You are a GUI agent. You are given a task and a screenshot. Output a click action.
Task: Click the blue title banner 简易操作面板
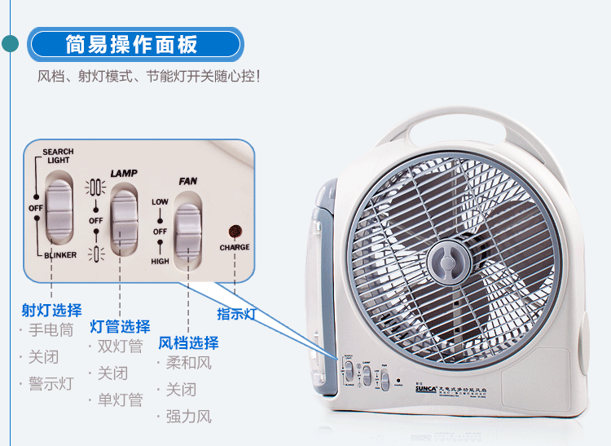pyautogui.click(x=134, y=44)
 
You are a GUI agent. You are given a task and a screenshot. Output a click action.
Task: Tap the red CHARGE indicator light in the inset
pyautogui.click(x=235, y=232)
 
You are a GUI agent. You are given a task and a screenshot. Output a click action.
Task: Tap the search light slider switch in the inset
pyautogui.click(x=59, y=210)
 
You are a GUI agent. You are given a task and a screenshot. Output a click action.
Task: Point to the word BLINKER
pyautogui.click(x=60, y=255)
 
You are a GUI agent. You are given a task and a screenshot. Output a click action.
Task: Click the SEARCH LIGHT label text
pyautogui.click(x=58, y=156)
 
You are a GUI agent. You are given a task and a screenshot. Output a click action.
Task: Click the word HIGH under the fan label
pyautogui.click(x=160, y=262)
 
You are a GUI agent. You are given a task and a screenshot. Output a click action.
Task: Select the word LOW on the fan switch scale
pyautogui.click(x=160, y=201)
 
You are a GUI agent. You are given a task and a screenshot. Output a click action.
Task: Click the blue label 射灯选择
pyautogui.click(x=51, y=310)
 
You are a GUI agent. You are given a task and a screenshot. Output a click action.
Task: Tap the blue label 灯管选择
pyautogui.click(x=120, y=327)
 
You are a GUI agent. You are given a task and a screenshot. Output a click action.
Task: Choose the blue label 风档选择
pyautogui.click(x=188, y=342)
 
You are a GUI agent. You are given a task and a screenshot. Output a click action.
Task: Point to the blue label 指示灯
pyautogui.click(x=237, y=314)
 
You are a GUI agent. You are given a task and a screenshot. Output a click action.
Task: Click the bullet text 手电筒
pyautogui.click(x=51, y=331)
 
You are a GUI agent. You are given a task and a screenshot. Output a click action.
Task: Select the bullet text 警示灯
pyautogui.click(x=51, y=384)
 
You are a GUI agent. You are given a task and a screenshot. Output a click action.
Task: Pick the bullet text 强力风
pyautogui.click(x=188, y=417)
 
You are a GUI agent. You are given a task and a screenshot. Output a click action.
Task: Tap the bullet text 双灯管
pyautogui.click(x=120, y=347)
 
